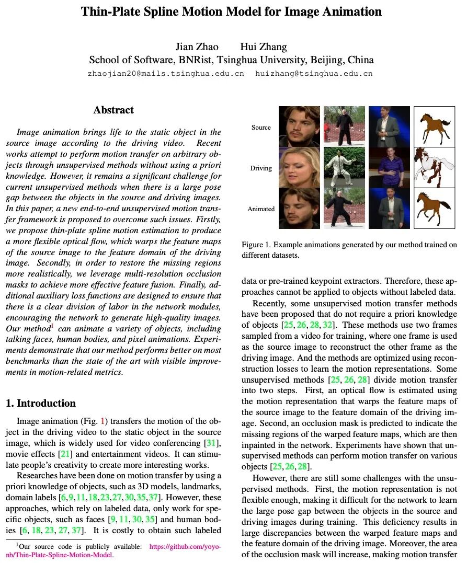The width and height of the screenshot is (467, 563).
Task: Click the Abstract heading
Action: point(113,110)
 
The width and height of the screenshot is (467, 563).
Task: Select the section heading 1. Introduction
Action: point(40,403)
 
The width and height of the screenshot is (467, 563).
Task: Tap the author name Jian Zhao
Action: point(197,47)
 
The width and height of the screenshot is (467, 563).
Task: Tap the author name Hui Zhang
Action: point(264,47)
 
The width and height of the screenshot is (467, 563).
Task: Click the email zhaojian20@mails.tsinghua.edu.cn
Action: point(166,74)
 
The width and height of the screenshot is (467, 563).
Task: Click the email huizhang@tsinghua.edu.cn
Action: point(314,74)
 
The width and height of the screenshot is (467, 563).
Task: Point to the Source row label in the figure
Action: point(261,128)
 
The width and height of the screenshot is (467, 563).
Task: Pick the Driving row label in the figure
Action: point(261,168)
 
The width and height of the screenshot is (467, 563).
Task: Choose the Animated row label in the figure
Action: point(261,209)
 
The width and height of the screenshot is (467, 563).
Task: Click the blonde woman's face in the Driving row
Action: point(299,167)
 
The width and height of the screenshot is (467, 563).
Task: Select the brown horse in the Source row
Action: point(434,127)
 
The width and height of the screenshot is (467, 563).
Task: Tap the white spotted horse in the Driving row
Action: point(434,167)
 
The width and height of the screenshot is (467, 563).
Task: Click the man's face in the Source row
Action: point(299,127)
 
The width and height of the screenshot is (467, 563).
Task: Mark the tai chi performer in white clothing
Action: point(344,167)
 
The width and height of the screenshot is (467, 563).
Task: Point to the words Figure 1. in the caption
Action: point(256,245)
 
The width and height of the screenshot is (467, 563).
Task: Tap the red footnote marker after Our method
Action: point(52,326)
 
